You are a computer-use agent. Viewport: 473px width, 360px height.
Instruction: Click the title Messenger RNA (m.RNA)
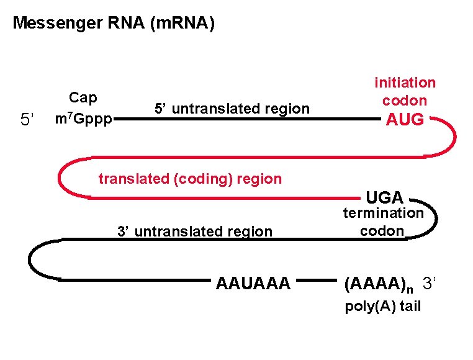point(114,24)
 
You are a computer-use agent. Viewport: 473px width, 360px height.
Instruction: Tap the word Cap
point(83,98)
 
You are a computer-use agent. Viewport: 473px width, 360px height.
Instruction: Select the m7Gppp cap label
point(84,118)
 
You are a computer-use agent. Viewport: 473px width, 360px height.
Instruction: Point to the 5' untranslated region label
point(232,109)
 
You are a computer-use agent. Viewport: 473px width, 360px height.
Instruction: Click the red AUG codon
point(405,120)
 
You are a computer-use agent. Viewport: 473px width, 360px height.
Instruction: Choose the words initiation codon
point(405,91)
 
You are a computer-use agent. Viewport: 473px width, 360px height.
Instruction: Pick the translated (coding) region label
point(190,179)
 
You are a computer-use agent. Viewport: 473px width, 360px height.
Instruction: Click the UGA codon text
point(385,198)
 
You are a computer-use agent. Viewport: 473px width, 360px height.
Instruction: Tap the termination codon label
point(383,222)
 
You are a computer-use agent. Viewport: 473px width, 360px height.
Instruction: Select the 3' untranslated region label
point(195,232)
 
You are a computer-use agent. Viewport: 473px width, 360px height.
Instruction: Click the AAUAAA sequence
point(253,284)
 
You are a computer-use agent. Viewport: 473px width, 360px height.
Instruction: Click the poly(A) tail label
point(383,307)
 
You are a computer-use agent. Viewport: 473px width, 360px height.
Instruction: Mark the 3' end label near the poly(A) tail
point(430,284)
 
